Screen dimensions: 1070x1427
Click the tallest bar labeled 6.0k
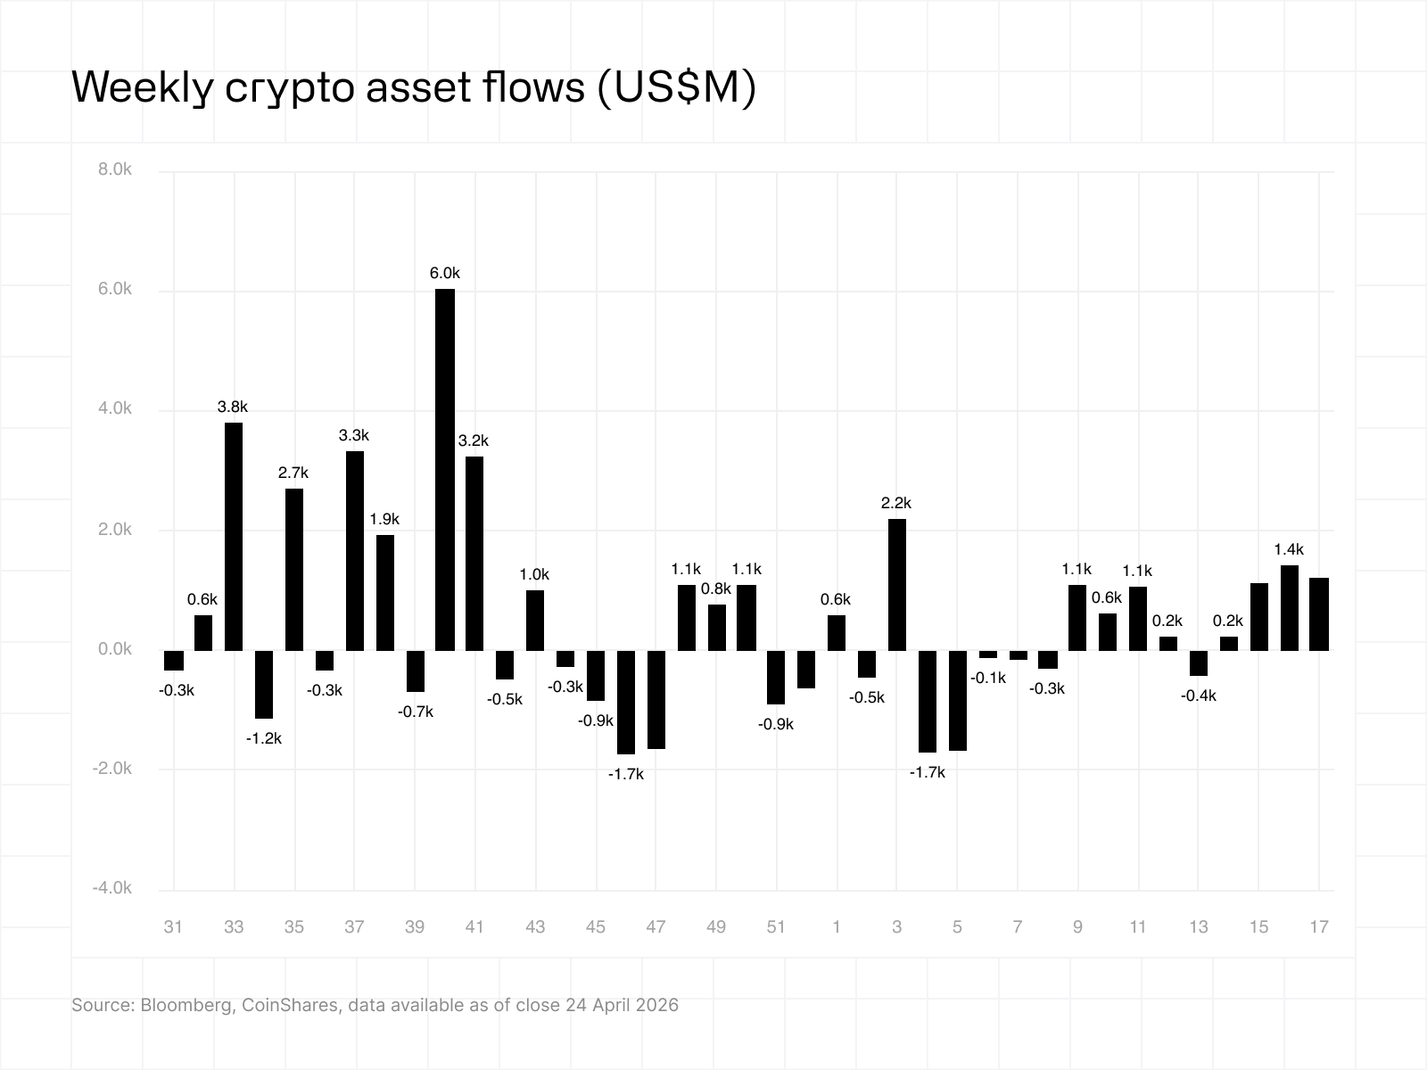(x=445, y=470)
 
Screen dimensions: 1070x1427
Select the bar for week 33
(x=234, y=537)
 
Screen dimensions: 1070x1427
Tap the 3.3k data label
(x=354, y=436)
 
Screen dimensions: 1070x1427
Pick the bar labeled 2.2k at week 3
(x=897, y=585)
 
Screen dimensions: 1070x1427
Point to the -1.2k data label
(x=264, y=738)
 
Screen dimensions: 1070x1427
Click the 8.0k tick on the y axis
(x=115, y=169)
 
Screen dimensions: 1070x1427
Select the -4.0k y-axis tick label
(x=112, y=888)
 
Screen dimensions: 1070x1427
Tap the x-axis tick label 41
(x=474, y=927)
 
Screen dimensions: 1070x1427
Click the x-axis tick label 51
(x=776, y=927)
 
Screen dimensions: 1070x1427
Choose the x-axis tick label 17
(x=1319, y=927)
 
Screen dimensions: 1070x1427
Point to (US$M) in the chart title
(x=675, y=87)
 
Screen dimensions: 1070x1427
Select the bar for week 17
(x=1319, y=614)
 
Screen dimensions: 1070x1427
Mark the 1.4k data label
(x=1289, y=550)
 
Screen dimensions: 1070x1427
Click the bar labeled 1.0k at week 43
(x=535, y=621)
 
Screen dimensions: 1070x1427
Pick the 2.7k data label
(x=293, y=473)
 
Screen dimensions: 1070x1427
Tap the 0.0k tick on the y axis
(x=115, y=649)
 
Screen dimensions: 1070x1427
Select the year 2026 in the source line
(x=657, y=1006)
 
